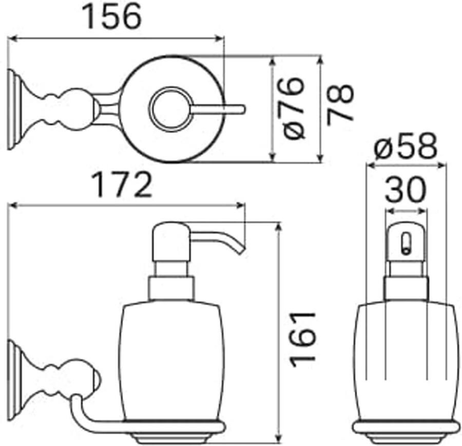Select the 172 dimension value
[x=122, y=185]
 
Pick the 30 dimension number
[x=406, y=190]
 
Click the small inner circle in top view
[x=171, y=109]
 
